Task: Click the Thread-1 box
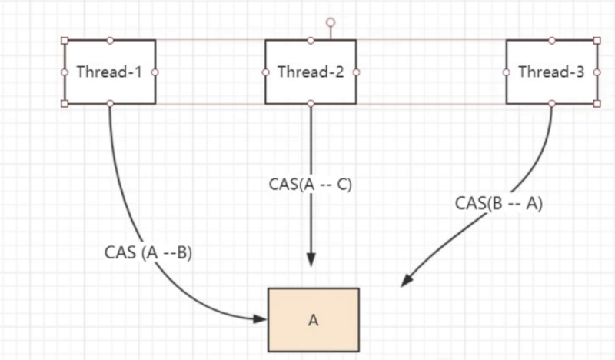(110, 72)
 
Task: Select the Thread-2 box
(310, 72)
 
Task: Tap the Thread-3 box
(551, 72)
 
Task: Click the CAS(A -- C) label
(310, 185)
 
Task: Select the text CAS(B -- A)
(499, 205)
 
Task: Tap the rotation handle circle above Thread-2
(331, 22)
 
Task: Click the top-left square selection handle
(65, 40)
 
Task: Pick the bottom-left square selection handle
(65, 103)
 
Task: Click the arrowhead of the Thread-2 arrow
(311, 260)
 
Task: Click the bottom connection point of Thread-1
(110, 103)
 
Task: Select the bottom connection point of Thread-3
(551, 103)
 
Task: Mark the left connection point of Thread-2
(265, 72)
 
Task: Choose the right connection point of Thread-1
(155, 72)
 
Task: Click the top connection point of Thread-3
(551, 40)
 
